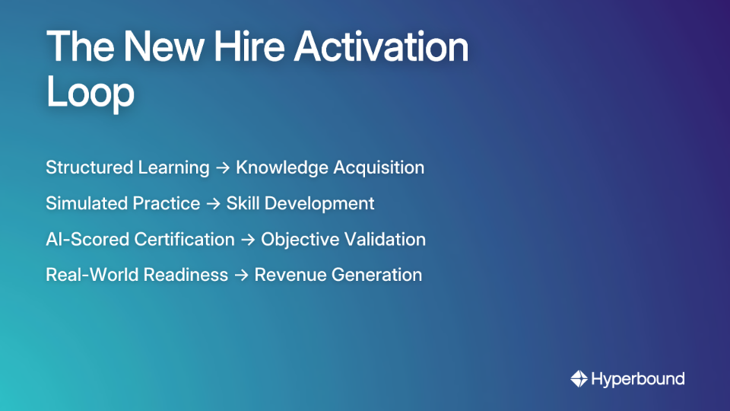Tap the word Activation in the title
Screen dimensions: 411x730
click(382, 47)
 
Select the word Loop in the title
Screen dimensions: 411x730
click(90, 93)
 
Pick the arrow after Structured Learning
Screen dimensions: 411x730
click(223, 167)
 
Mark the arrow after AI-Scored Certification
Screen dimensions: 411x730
click(248, 239)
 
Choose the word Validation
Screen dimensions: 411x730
click(383, 239)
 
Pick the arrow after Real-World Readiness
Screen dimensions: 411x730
click(241, 275)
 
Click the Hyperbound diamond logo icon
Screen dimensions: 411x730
click(579, 379)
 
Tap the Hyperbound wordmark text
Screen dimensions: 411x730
click(638, 379)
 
